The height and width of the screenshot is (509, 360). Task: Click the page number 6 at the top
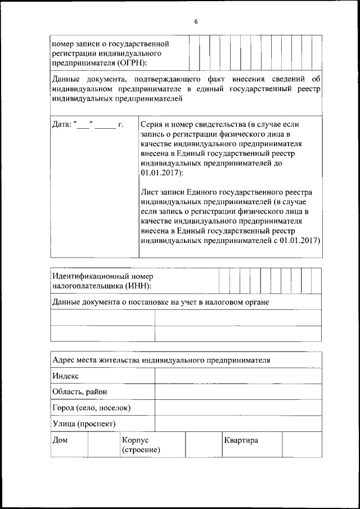click(196, 22)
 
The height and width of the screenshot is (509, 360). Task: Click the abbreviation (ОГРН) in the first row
click(130, 62)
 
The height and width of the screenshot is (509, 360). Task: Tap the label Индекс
click(66, 376)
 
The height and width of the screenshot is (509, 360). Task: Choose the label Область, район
click(79, 391)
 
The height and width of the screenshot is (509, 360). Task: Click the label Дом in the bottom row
click(60, 440)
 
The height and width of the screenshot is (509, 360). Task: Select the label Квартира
click(241, 440)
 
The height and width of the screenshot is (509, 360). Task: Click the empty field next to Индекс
click(238, 376)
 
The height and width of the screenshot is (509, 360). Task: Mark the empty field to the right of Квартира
click(301, 444)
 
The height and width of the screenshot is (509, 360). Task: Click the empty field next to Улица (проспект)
click(238, 423)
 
